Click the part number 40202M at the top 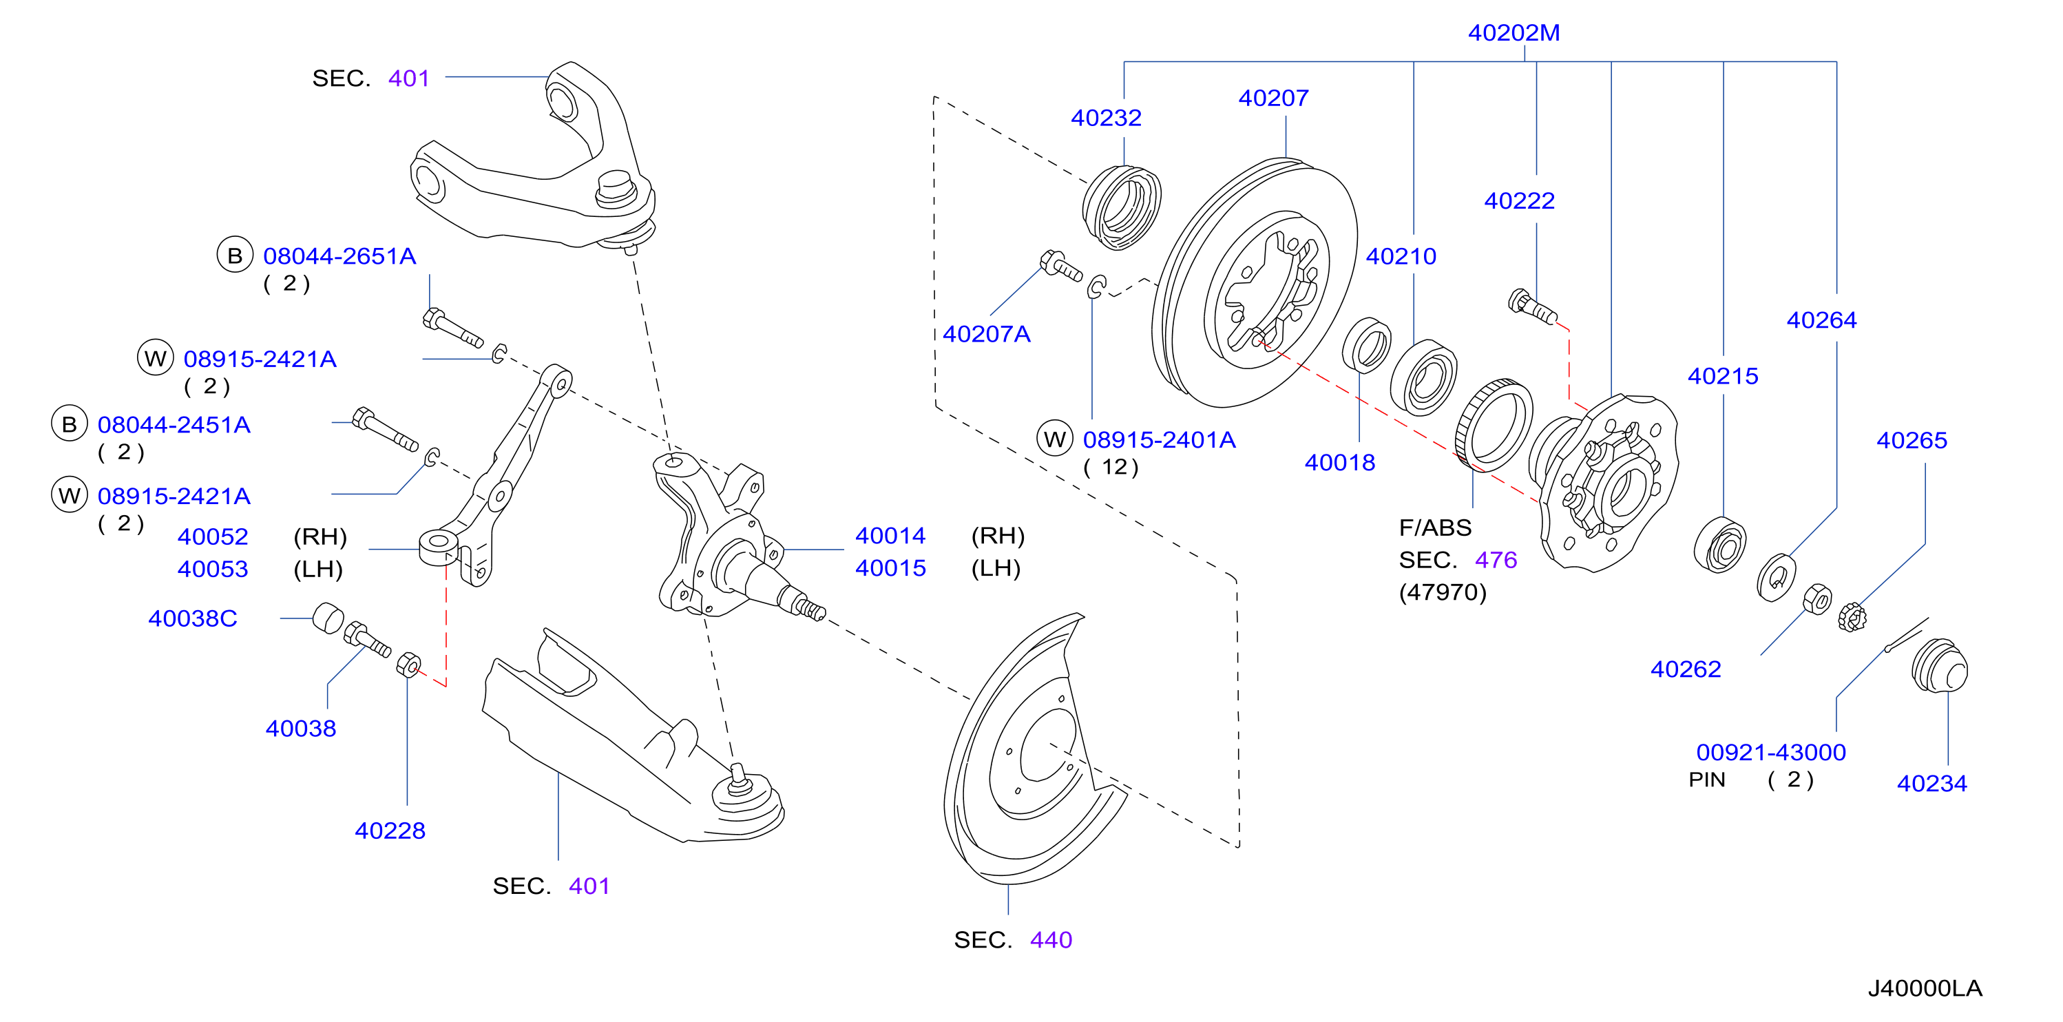click(1514, 33)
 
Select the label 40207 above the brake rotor click(1273, 98)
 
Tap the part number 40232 click(1106, 118)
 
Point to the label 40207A click(986, 334)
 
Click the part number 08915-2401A click(1159, 439)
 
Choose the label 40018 click(1340, 463)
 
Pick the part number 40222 click(1519, 201)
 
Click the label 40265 click(1912, 441)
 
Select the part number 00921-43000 click(1770, 753)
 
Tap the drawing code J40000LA click(1925, 988)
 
